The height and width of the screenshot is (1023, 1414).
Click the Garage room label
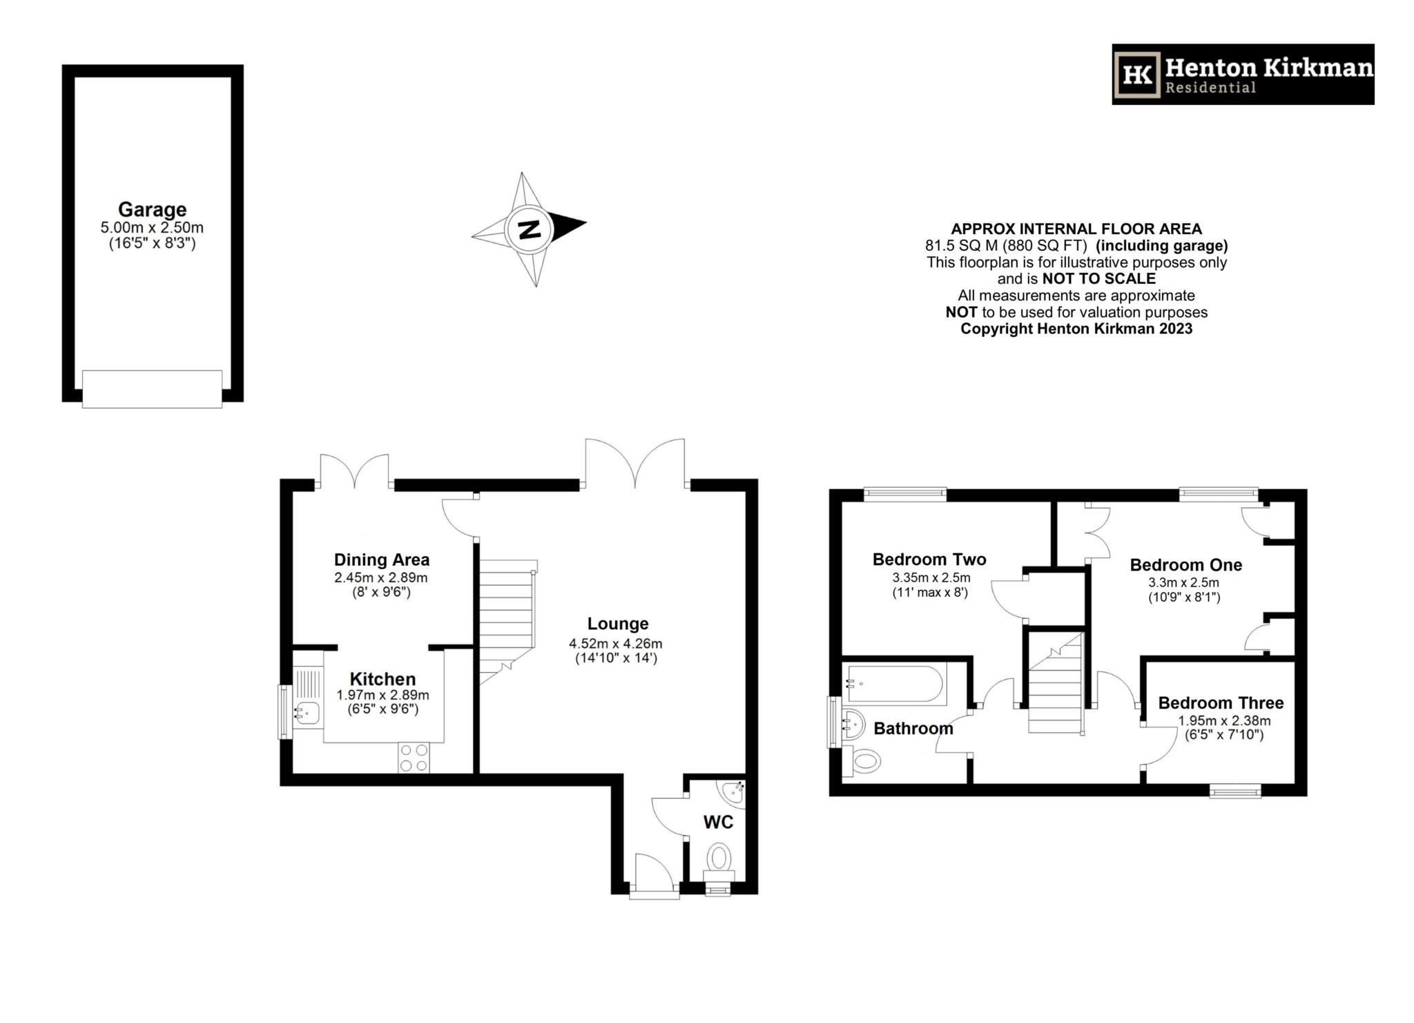coord(152,209)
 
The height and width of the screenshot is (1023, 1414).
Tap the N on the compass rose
coord(529,229)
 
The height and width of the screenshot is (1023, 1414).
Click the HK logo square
coord(1136,75)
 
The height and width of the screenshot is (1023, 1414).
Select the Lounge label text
coord(618,624)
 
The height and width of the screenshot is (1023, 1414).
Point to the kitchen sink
coord(307,712)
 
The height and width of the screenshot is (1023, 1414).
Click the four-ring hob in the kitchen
coord(414,757)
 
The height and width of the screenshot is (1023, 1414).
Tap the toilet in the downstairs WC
coord(719,859)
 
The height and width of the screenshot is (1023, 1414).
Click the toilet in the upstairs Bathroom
coord(865,763)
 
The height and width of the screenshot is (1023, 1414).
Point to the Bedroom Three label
coord(1221,703)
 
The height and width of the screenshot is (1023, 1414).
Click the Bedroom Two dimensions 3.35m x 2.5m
coord(931,577)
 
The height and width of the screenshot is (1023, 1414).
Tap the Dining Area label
coord(382,560)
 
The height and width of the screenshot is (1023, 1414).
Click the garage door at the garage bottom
coord(152,389)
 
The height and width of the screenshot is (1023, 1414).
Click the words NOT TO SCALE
coord(1098,279)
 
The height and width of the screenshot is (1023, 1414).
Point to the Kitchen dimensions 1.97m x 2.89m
coord(382,696)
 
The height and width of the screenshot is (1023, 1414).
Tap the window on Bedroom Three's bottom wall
coord(1235,790)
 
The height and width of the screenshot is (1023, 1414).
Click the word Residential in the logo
coord(1210,88)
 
